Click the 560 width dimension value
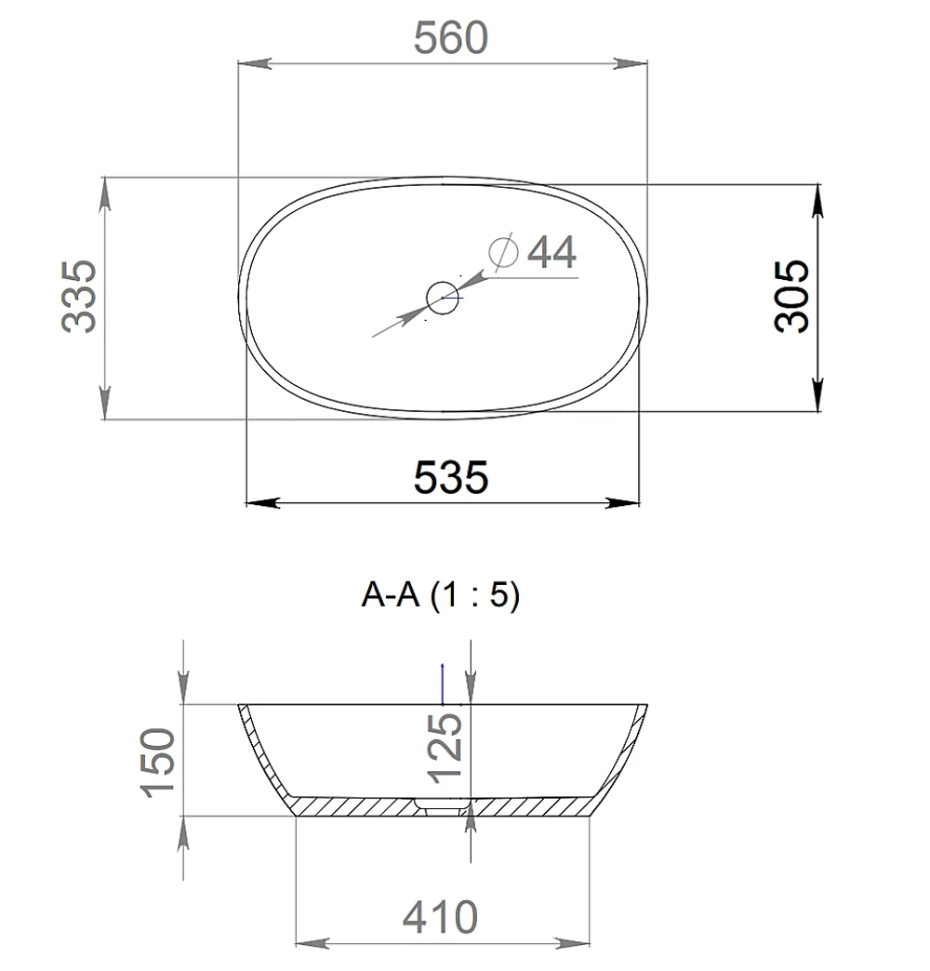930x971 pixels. [x=451, y=38]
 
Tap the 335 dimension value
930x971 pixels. [x=80, y=297]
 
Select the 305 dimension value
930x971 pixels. [x=792, y=297]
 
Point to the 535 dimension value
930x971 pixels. [x=451, y=477]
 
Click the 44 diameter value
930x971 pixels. [x=551, y=252]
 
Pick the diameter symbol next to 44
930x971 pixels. [x=503, y=251]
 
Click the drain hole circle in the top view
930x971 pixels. [x=442, y=298]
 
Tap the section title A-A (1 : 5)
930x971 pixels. [x=441, y=595]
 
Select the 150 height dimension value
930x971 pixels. [x=158, y=763]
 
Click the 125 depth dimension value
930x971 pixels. [x=445, y=748]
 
